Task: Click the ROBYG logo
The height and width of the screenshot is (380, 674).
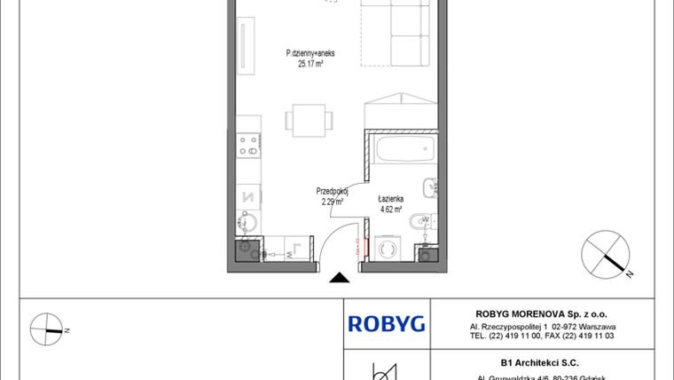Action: (x=387, y=323)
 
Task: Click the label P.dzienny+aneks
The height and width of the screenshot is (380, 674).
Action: (x=310, y=53)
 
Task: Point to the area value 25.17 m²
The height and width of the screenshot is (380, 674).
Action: (x=310, y=64)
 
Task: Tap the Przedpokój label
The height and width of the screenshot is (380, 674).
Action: (x=333, y=191)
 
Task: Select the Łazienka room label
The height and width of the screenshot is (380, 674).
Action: (x=391, y=201)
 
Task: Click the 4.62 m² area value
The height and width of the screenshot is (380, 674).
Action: (x=391, y=210)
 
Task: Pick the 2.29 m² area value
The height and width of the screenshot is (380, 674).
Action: (x=333, y=202)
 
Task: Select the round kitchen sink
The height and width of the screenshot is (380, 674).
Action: (x=248, y=223)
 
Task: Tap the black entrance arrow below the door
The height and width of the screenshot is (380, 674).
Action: (x=338, y=279)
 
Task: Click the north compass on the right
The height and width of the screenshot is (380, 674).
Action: (x=610, y=255)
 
